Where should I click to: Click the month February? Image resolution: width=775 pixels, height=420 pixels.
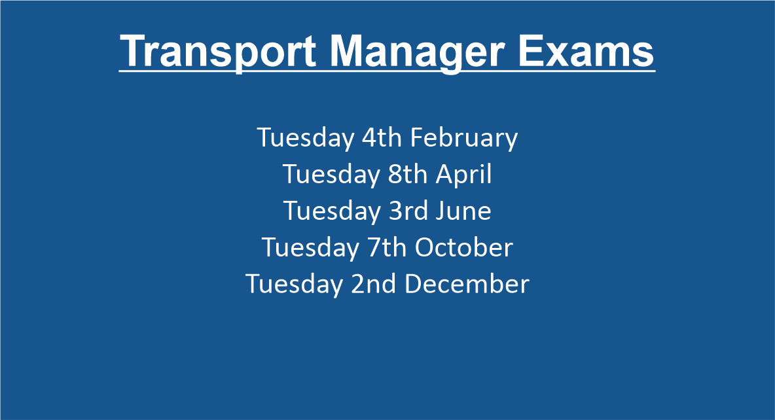(x=463, y=138)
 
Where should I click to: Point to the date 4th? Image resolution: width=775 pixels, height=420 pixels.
(x=382, y=137)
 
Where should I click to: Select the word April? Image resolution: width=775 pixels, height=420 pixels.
(x=463, y=175)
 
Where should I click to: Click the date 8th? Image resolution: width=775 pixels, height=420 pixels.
(x=407, y=174)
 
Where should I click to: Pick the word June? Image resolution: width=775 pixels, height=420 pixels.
(x=463, y=211)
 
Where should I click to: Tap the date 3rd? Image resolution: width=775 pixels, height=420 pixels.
(x=408, y=211)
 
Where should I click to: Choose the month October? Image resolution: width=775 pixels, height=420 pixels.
(x=463, y=247)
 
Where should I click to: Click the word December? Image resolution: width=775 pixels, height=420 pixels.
(x=467, y=284)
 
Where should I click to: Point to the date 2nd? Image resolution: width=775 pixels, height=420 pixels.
(x=373, y=284)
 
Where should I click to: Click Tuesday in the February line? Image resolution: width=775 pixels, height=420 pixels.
(x=306, y=138)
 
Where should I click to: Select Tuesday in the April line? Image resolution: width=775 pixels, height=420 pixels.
(x=331, y=175)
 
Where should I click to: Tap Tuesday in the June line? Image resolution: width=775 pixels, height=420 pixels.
(x=332, y=211)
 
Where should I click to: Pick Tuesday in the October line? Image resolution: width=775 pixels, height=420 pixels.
(x=310, y=248)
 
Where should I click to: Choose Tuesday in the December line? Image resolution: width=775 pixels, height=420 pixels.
(x=294, y=285)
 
